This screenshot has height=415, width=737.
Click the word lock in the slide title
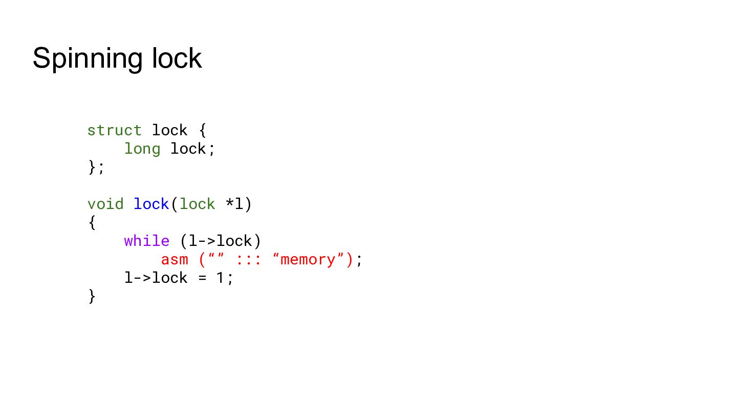point(177,58)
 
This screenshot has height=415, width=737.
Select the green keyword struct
point(115,131)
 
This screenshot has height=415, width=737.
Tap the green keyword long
point(142,149)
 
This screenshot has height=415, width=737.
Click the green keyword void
point(105,204)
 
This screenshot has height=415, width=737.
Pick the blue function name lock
point(151,204)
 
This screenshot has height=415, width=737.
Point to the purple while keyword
point(147,241)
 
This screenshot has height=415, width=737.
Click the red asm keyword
point(175,260)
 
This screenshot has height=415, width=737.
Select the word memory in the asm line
point(308,260)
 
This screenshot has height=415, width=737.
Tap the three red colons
point(249,260)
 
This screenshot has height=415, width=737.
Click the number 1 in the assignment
point(220,278)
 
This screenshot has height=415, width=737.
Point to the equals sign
point(202,278)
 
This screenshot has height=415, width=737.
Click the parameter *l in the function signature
point(234,204)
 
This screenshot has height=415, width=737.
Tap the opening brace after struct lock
point(203,131)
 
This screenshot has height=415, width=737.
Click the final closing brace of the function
point(92,297)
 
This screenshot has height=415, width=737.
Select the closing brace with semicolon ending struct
point(96,168)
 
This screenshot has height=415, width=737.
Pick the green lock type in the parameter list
point(197,204)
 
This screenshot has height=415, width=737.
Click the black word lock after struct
point(169,131)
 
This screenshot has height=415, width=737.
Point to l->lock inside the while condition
point(220,241)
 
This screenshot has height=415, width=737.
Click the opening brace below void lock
point(92,223)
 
